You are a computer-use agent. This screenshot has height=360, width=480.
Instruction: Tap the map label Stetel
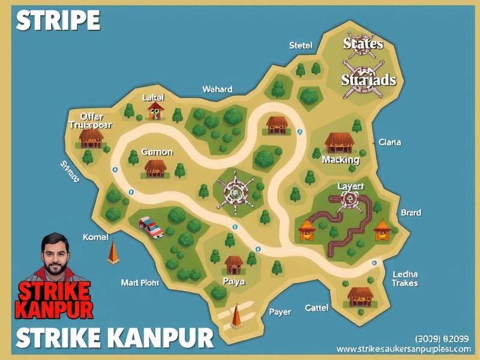[301, 46]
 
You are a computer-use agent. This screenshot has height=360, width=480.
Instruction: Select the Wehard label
[217, 89]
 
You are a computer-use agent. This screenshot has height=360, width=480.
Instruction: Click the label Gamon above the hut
[157, 152]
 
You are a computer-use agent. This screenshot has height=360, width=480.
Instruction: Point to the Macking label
[340, 160]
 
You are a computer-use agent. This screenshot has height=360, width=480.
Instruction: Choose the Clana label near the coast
[390, 143]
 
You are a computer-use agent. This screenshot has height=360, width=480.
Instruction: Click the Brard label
[411, 212]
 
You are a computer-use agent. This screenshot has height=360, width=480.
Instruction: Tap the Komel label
[95, 238]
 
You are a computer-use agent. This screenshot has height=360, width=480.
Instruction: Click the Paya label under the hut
[233, 281]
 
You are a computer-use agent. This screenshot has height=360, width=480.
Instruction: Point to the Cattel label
[316, 308]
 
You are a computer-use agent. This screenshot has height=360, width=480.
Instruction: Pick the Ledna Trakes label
[405, 278]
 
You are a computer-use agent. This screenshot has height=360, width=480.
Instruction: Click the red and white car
[151, 227]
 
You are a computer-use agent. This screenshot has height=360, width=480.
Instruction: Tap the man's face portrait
[56, 255]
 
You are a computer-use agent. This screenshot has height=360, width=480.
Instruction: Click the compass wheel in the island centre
[235, 190]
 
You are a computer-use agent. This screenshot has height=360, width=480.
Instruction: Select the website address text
[403, 349]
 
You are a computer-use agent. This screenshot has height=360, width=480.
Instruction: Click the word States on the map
[363, 44]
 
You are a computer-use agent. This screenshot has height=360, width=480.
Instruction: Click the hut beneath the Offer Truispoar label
[91, 139]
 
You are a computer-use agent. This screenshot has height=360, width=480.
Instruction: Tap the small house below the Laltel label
[155, 110]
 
